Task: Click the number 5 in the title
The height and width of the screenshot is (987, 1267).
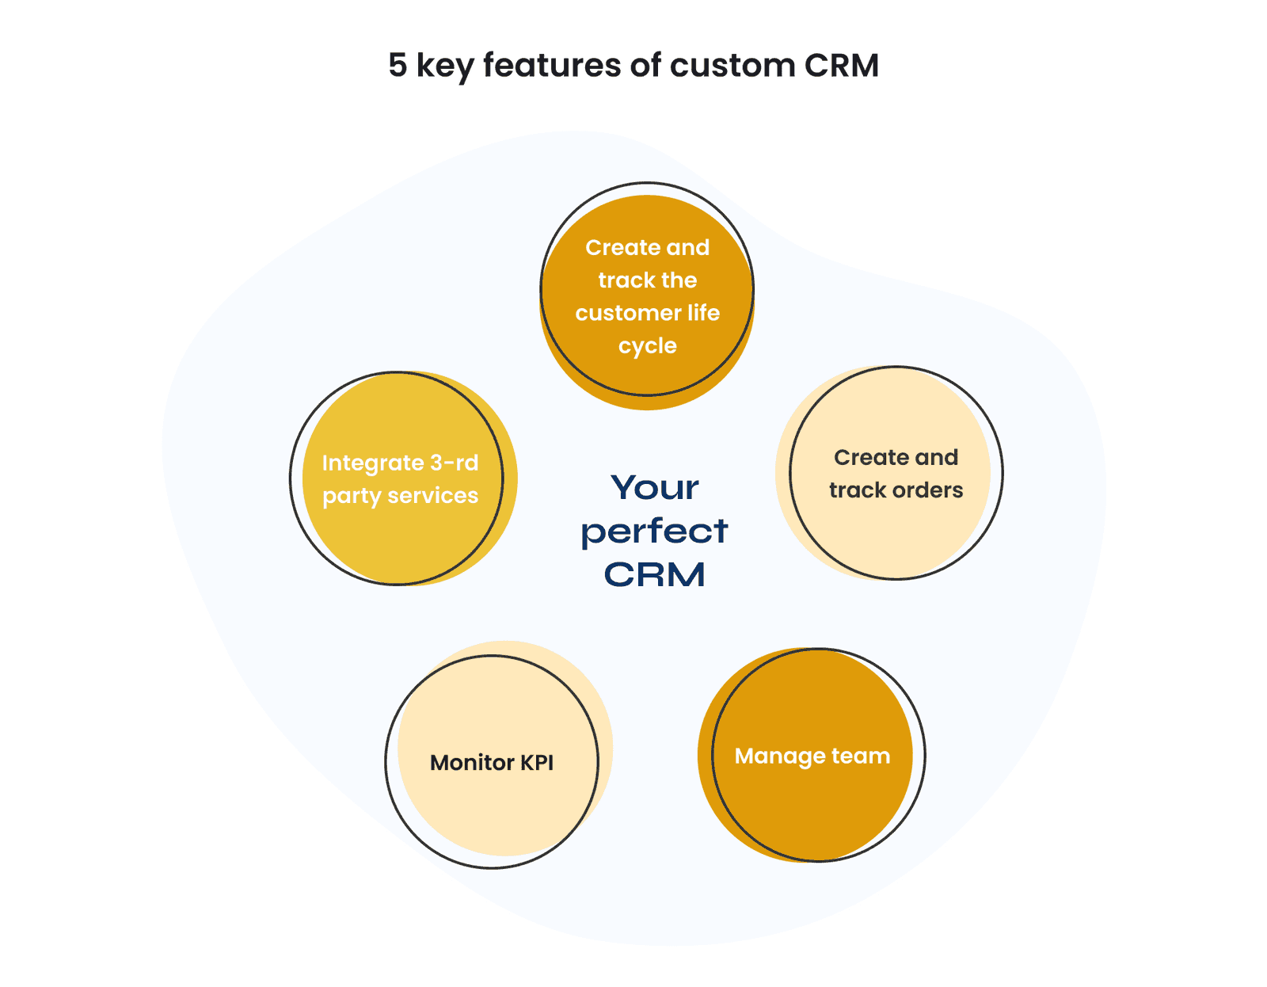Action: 398,66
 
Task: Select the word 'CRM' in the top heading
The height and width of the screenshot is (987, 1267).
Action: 842,66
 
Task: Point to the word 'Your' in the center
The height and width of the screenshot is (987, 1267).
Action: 654,488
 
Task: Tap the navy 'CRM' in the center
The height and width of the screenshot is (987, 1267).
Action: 654,575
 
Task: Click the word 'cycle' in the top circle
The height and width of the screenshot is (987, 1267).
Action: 647,347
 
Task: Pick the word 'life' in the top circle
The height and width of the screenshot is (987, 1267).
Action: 703,313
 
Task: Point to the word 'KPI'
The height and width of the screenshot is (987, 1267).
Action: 537,763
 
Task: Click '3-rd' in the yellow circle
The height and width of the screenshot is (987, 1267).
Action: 455,463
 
